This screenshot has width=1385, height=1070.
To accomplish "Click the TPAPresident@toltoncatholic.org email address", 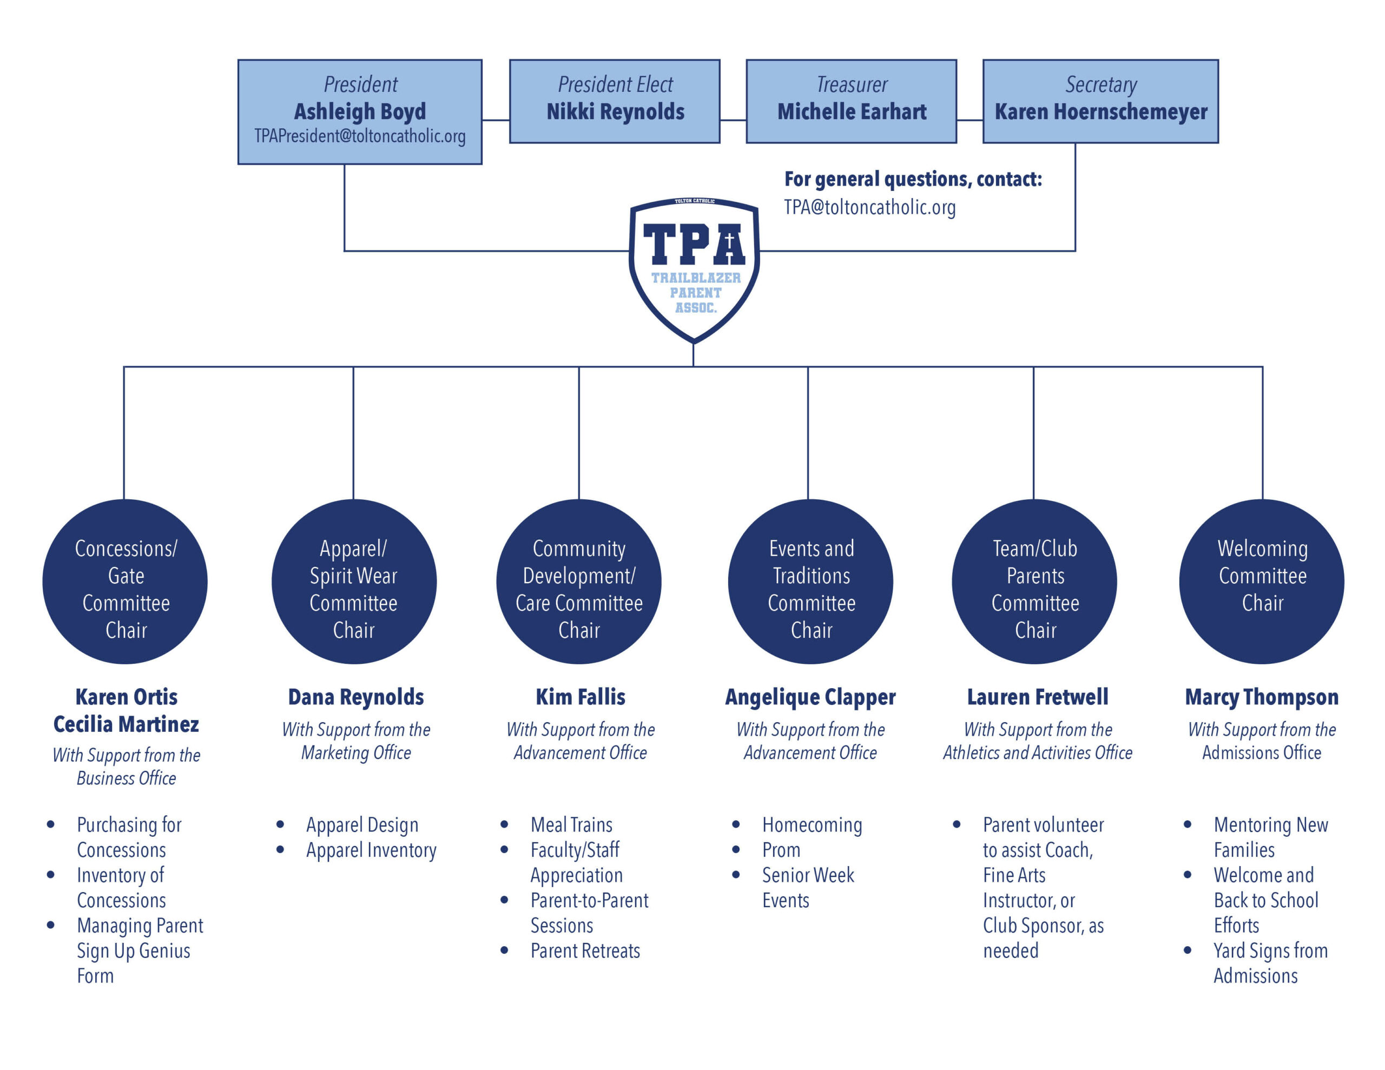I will click(360, 136).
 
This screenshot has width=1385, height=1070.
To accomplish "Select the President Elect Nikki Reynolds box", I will click(615, 102).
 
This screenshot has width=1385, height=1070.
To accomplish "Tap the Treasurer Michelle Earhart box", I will click(851, 102).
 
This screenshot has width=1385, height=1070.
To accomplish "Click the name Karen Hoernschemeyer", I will click(1100, 113).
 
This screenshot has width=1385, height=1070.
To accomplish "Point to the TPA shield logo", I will click(694, 266).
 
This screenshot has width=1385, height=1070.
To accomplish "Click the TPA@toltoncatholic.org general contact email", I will click(869, 207).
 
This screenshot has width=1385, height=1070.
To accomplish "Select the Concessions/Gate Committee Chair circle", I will click(125, 582).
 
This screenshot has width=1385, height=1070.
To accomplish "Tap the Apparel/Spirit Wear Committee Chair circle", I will click(354, 582).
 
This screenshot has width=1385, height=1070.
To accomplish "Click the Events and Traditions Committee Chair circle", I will click(810, 582).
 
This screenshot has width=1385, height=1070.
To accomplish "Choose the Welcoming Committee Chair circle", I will click(1261, 582).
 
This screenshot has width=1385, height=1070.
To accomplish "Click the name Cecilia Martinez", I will click(126, 724).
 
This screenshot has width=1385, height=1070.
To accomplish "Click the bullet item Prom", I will click(781, 850).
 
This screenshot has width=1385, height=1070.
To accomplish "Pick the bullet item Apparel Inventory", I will click(371, 850).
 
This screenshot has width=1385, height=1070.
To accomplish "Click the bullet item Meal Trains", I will click(571, 824).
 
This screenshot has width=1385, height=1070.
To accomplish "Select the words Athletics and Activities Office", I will click(1037, 753).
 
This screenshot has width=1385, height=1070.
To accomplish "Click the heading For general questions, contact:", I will click(913, 180).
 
